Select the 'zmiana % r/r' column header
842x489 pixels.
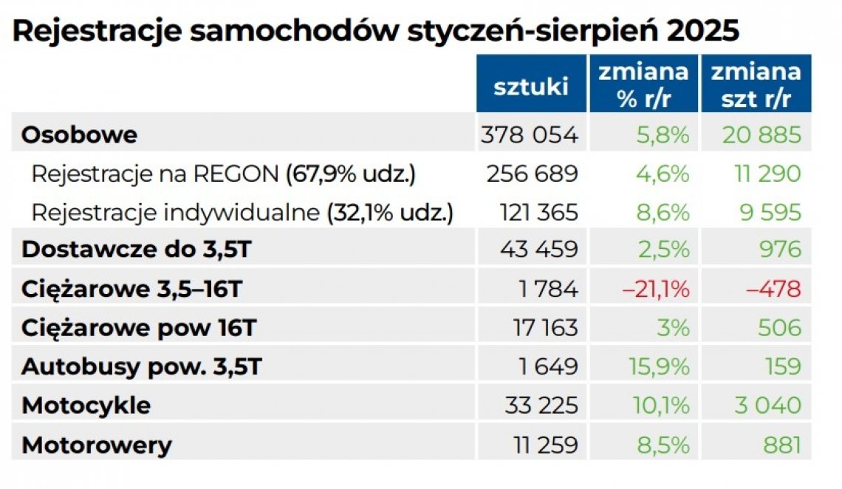point(643,85)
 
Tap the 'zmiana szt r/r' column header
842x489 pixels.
point(756,85)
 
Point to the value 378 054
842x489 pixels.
point(529,135)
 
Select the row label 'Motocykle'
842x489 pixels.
point(86,406)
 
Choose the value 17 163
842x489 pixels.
point(545,328)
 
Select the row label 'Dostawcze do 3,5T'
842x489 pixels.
point(137,250)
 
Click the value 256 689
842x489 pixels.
point(532,174)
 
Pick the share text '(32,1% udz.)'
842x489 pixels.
point(390,213)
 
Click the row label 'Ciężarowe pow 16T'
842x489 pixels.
point(138,328)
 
